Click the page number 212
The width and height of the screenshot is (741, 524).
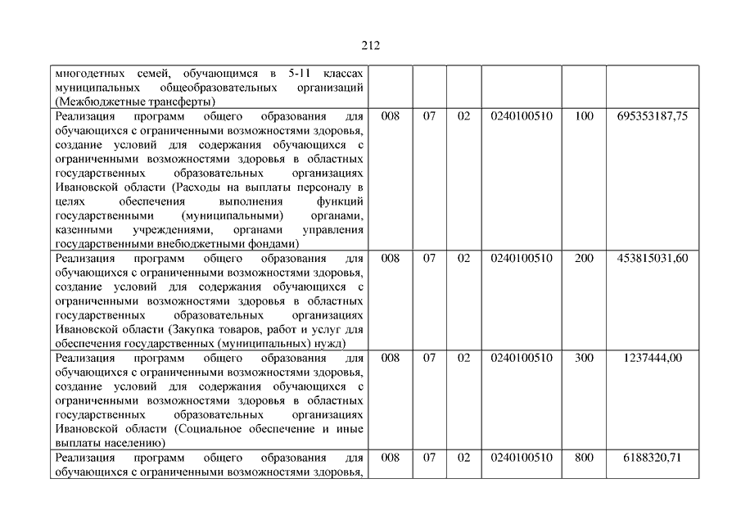(370, 46)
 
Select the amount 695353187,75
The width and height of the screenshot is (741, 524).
(652, 116)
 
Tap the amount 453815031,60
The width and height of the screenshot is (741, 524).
(652, 258)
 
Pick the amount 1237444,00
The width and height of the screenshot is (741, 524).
(652, 358)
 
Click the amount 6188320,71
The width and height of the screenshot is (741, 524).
(652, 457)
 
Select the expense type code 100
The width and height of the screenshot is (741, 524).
(584, 116)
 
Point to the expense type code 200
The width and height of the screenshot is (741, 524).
(584, 258)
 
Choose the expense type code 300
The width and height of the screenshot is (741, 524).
(584, 358)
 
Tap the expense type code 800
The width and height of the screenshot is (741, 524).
(584, 457)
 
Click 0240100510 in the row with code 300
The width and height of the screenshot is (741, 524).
(522, 358)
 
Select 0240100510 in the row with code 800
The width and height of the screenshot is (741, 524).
(522, 457)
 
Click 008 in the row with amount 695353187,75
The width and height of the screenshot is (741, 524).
(391, 116)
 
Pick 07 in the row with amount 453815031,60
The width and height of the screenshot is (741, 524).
(429, 258)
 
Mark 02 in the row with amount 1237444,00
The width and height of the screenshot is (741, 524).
(463, 358)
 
